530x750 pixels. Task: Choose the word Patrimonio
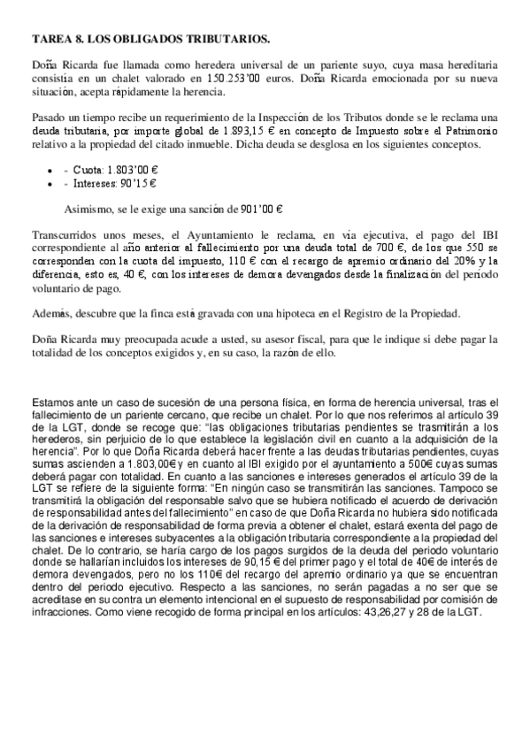(x=470, y=131)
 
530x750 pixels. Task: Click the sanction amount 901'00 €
(x=256, y=210)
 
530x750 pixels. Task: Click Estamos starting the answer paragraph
(x=54, y=403)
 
